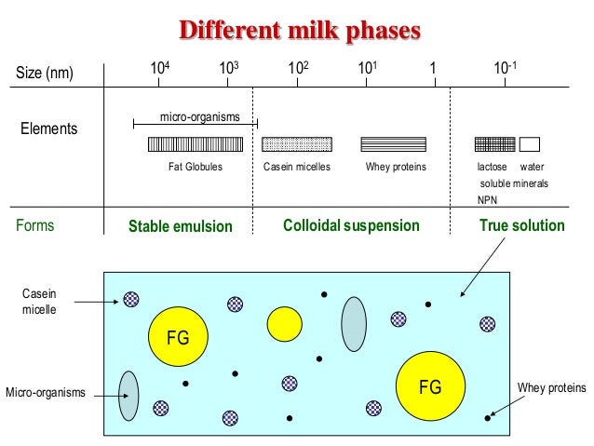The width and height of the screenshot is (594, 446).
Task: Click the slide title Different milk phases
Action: pos(300,31)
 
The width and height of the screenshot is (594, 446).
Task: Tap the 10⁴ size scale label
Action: pos(160,69)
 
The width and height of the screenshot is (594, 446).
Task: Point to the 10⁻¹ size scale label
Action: pos(504,69)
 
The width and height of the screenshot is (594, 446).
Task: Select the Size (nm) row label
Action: pos(44,73)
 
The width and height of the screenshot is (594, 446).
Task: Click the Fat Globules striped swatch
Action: pos(195,144)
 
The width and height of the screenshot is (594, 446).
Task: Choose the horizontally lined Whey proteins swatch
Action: pos(394,144)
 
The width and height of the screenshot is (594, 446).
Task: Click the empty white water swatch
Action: pos(530,144)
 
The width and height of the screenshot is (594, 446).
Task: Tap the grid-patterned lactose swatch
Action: pos(494,144)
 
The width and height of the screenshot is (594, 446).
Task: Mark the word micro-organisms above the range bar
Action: pos(200,116)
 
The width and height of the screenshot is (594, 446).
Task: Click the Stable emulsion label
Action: pos(181,226)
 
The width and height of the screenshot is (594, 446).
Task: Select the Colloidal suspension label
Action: pos(351,225)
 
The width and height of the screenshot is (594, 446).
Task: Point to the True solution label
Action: pos(521,225)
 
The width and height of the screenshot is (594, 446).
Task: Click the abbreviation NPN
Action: pos(487,200)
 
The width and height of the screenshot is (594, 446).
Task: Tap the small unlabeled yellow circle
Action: pos(284,322)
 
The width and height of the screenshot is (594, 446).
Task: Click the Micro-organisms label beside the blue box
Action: pos(46,393)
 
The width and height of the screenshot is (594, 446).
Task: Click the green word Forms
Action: pos(35,225)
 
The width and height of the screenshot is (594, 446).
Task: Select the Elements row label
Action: pos(49,128)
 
